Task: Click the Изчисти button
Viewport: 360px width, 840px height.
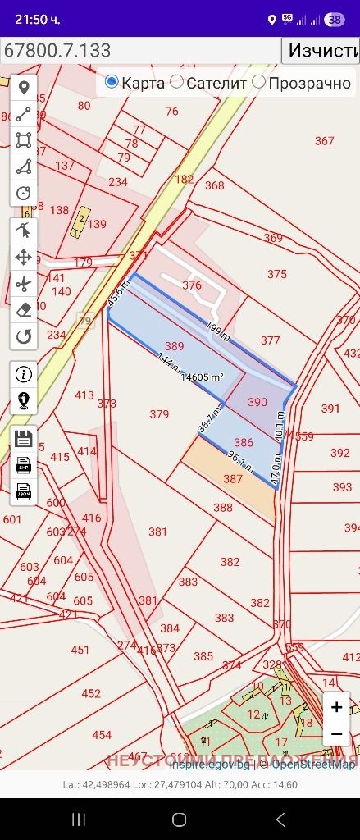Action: (321, 50)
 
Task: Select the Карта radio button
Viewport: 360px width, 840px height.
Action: (112, 82)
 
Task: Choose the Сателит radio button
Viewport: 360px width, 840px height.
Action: (176, 82)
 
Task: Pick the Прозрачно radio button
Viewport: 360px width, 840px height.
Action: (258, 82)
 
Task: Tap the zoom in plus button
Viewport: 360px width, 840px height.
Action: (336, 705)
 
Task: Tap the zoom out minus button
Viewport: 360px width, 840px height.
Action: (336, 733)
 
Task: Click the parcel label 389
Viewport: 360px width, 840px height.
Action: (174, 346)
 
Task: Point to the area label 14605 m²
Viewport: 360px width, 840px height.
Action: (203, 377)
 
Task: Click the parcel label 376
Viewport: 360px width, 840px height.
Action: (192, 285)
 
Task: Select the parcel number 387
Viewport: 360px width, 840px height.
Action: (233, 479)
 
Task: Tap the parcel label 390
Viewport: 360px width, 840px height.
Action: (257, 402)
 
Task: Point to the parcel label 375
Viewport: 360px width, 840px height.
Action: (277, 274)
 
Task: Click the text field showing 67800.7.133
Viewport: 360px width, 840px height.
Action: (139, 50)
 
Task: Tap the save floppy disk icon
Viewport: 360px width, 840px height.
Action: (24, 438)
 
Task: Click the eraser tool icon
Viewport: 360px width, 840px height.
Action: (24, 310)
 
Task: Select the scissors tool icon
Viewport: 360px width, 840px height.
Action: (24, 284)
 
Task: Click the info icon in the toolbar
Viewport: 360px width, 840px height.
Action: (24, 374)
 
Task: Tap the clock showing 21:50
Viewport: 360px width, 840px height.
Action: (38, 18)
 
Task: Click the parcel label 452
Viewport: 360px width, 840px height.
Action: (91, 693)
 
